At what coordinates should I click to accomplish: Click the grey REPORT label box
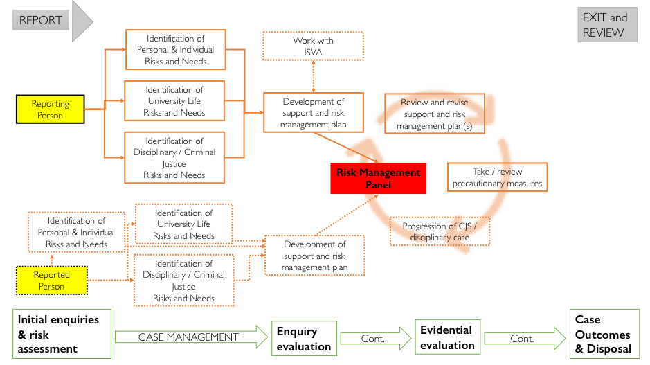pos(41,20)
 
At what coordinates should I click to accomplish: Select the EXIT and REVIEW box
pos(607,25)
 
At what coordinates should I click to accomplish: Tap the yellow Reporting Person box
pos(51,109)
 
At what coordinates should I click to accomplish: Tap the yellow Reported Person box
pos(52,281)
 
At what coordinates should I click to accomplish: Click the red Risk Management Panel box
pos(378,179)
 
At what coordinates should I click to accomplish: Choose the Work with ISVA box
pos(313,46)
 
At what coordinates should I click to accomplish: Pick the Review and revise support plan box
pos(434,114)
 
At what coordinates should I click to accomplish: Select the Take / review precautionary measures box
pos(497,177)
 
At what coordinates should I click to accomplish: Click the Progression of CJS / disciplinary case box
pos(440,232)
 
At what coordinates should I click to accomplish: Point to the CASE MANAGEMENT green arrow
pos(188,337)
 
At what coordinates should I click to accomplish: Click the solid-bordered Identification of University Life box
pos(174,101)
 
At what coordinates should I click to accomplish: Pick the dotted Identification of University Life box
pos(183,224)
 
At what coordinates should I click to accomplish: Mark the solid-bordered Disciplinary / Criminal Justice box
pos(174,157)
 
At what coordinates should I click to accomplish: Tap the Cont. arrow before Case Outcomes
pos(521,339)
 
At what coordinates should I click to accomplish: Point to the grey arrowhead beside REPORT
pos(82,20)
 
